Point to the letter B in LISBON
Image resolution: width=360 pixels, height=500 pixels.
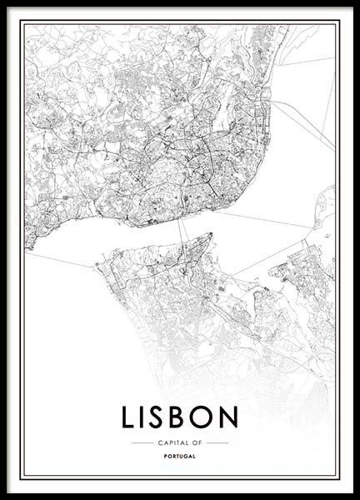(x=182, y=417)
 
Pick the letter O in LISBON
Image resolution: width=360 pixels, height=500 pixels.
(x=204, y=417)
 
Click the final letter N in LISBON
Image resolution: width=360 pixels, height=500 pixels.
(x=228, y=417)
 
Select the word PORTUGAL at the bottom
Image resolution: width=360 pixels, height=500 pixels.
(x=180, y=457)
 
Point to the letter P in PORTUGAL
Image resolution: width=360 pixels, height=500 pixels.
(x=166, y=457)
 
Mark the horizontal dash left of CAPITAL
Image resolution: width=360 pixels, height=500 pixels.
(x=142, y=442)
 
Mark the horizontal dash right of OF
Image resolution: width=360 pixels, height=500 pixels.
(x=217, y=442)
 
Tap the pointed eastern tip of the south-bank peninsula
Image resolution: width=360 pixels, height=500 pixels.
(x=212, y=235)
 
